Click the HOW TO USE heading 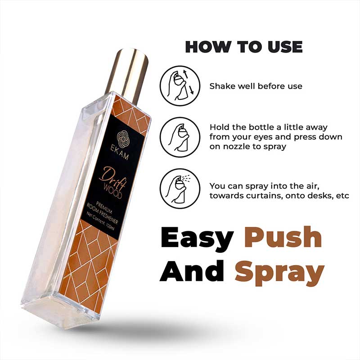click(x=244, y=47)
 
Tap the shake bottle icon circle click(x=180, y=86)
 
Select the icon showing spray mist click(x=180, y=189)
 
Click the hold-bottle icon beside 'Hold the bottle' click(x=180, y=137)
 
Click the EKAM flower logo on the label click(x=123, y=139)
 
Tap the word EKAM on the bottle click(x=120, y=153)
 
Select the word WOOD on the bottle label click(x=112, y=191)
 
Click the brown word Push click(x=283, y=238)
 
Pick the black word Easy click(x=198, y=239)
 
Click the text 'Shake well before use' click(x=256, y=86)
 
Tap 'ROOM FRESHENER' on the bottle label click(x=103, y=213)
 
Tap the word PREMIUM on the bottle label click(x=104, y=207)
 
